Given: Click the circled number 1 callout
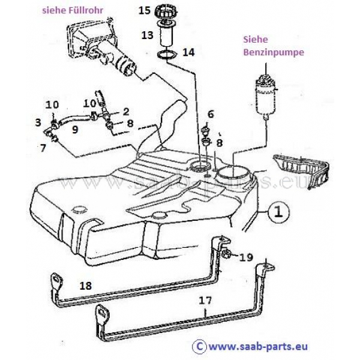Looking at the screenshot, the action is click(278, 212).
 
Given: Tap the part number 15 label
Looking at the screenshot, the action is click(145, 11).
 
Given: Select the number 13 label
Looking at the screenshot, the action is click(147, 35).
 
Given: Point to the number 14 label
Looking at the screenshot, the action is click(188, 52).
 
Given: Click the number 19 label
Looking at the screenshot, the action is click(246, 257).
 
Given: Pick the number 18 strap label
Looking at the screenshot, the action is click(86, 286).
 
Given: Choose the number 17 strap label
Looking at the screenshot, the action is click(205, 301).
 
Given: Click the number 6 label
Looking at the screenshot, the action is click(211, 114).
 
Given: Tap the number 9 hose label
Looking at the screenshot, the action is click(75, 130).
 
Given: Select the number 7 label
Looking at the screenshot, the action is click(43, 148).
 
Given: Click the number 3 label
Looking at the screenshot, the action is click(38, 122).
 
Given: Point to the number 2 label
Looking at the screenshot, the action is click(126, 112).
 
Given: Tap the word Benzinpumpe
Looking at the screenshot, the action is click(274, 52).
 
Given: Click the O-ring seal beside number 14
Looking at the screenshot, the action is click(167, 55).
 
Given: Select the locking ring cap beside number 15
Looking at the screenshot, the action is click(167, 11).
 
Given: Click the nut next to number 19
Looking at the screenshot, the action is click(226, 254).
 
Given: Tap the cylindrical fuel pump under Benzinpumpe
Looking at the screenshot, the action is click(266, 97).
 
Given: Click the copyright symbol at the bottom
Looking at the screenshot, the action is click(200, 346).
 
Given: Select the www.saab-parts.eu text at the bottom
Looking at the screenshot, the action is click(258, 347).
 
